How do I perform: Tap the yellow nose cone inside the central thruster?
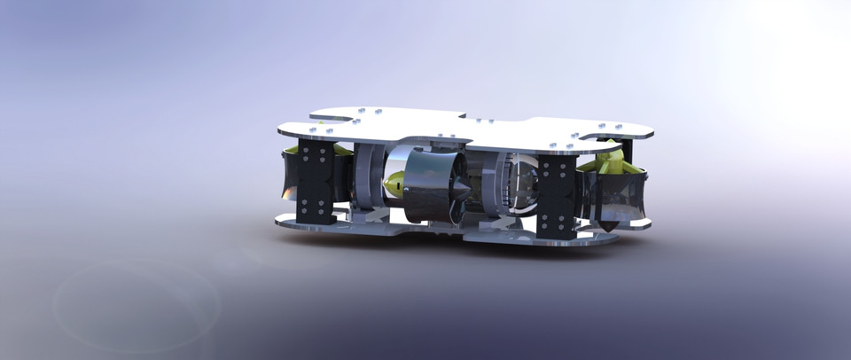(x=396, y=184)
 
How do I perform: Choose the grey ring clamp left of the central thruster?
(x=364, y=178)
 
